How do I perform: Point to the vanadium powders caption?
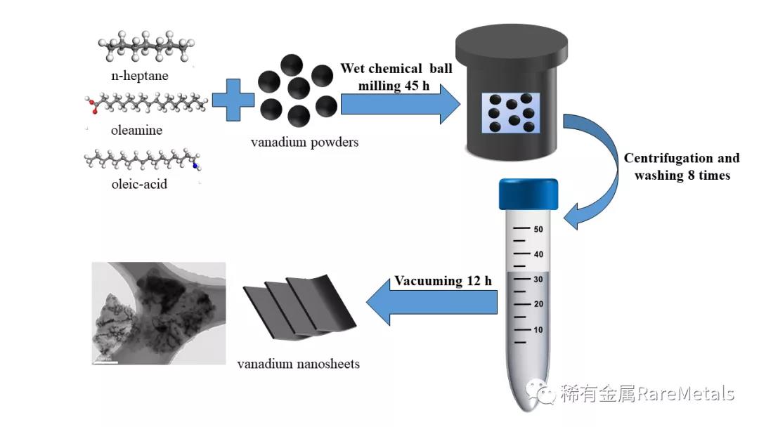pos(304,142)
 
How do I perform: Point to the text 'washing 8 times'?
pos(682,176)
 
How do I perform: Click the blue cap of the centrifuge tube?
pos(528,194)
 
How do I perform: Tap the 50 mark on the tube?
pos(538,229)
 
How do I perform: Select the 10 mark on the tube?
pos(538,329)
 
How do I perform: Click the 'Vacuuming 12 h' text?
pos(443,281)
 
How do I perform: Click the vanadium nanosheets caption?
pos(298,364)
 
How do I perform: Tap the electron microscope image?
pos(159,313)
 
